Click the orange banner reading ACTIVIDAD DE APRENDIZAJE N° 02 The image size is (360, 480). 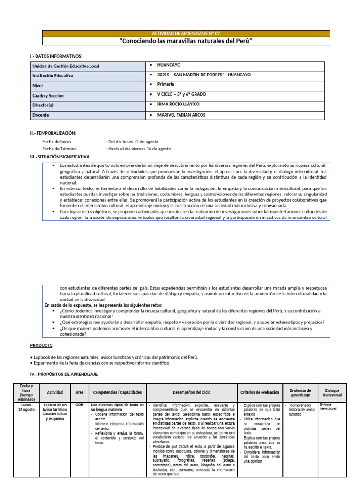pos(186,34)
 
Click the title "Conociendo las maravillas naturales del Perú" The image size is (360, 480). pos(186,41)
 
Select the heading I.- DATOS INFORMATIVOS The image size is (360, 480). pos(56,56)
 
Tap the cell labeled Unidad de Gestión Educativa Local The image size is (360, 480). pos(65,67)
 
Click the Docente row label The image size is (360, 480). pos(41,115)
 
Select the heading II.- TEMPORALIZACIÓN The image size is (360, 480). pos(53,133)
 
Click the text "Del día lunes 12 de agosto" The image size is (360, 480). pos(133,142)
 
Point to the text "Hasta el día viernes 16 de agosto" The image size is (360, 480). pos(140,149)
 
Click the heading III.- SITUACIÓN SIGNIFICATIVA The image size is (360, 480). pos(60,157)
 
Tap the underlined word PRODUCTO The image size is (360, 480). pos(42,345)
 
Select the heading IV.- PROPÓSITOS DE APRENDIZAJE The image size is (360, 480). pos(64,374)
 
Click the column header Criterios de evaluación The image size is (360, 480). pos(260,392)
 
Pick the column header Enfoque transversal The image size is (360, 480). pos(332,392)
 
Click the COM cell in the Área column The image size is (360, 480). pos(79,405)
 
